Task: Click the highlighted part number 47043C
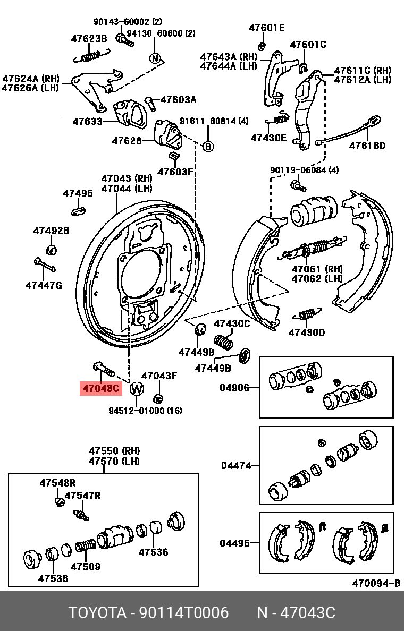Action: point(100,388)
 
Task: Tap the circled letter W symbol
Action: point(137,389)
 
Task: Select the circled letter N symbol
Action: point(155,58)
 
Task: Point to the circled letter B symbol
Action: point(208,146)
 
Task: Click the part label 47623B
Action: point(89,38)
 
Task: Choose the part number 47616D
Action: point(367,146)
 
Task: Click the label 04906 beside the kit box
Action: point(234,388)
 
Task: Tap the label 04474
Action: point(235,466)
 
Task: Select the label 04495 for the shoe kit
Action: point(235,543)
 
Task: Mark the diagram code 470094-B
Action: point(376,583)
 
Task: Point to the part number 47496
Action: point(78,193)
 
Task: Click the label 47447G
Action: point(44,285)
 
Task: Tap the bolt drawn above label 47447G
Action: point(45,264)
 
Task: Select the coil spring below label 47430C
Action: point(224,341)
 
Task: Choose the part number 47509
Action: point(86,567)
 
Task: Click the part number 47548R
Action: point(57,483)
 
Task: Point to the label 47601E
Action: point(267,28)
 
